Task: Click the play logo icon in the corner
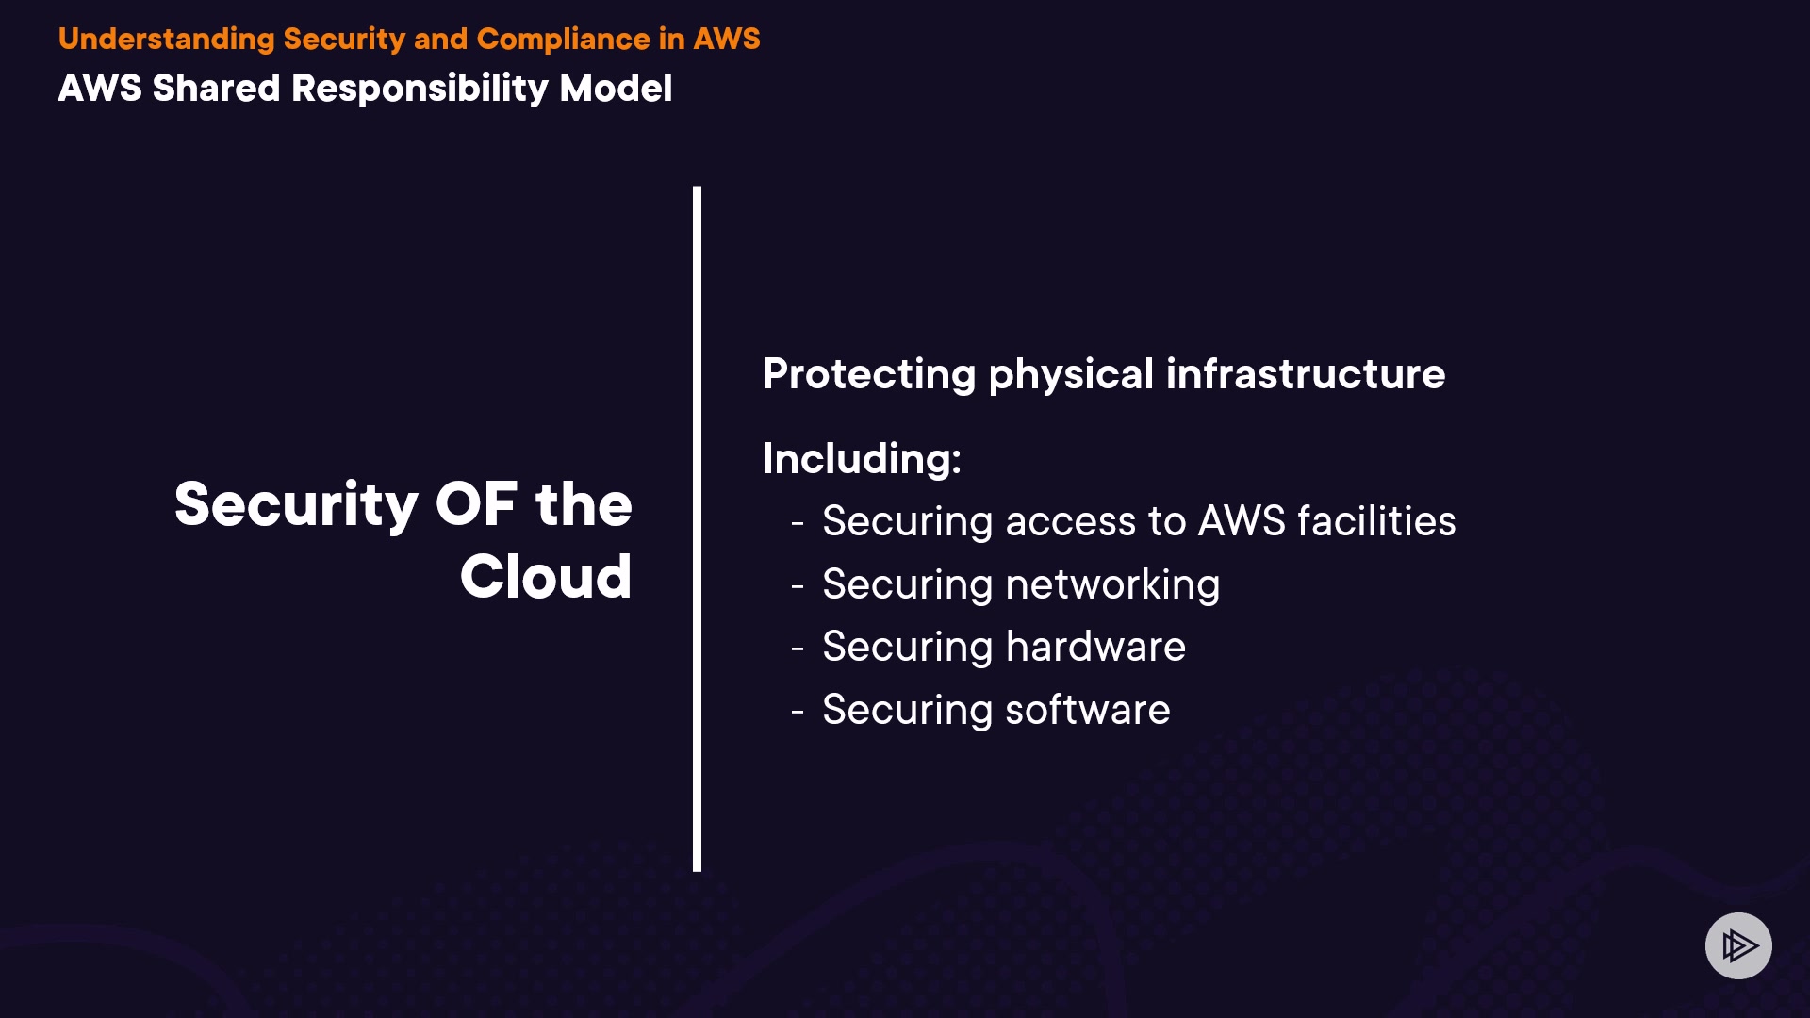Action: (1738, 945)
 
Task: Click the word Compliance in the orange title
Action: (563, 39)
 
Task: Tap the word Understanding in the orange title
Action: (166, 39)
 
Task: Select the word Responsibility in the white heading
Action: (420, 89)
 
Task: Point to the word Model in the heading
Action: (616, 89)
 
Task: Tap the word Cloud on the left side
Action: (546, 577)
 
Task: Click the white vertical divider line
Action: (697, 528)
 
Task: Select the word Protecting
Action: (868, 375)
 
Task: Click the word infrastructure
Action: (1306, 374)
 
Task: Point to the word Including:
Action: (862, 459)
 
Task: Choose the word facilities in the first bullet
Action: (1376, 521)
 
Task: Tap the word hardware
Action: (1095, 647)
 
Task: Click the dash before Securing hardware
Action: (798, 649)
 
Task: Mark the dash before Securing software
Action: (798, 712)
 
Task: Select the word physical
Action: (1071, 375)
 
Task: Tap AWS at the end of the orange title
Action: (727, 39)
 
